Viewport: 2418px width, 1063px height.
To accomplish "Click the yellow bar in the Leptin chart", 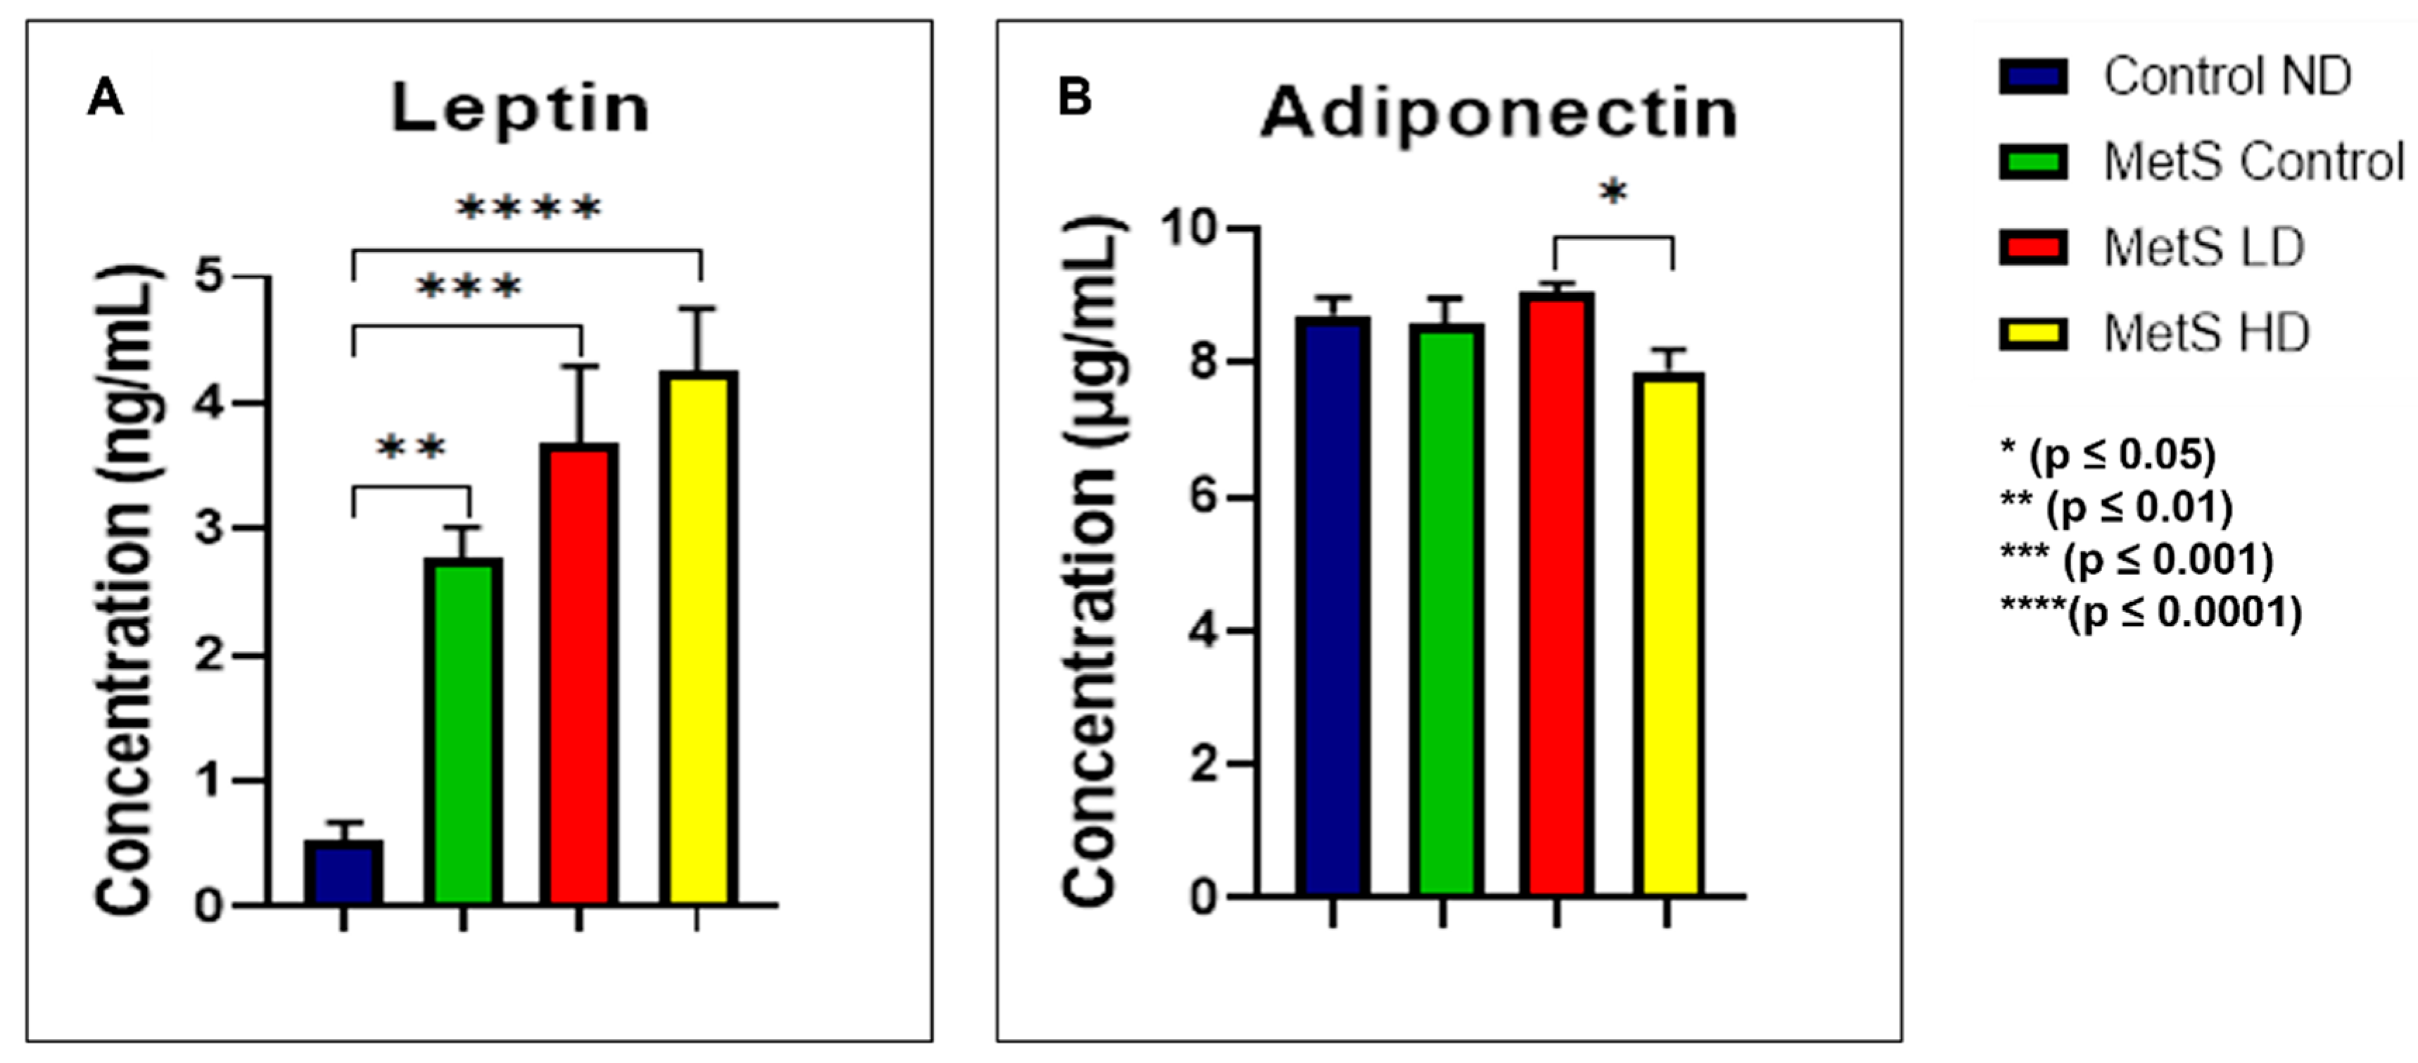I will coord(697,639).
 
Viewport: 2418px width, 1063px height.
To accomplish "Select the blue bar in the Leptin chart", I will coord(343,874).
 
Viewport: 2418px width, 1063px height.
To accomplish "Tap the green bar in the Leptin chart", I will coord(463,732).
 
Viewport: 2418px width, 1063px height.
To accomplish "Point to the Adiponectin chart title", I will coord(1499,115).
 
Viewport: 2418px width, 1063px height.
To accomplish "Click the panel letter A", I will coord(104,98).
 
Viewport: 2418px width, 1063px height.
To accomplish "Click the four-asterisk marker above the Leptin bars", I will coord(528,208).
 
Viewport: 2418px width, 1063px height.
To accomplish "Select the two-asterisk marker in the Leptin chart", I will coord(411,449).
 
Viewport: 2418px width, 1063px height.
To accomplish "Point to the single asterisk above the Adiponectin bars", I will coord(1612,194).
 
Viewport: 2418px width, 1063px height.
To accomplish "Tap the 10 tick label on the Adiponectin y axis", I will coord(1190,228).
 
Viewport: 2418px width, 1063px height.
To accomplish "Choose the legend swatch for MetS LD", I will coord(2032,249).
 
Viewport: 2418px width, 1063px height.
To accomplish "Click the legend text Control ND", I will coord(2227,76).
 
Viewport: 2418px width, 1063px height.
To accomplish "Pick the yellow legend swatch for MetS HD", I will coord(2032,334).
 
